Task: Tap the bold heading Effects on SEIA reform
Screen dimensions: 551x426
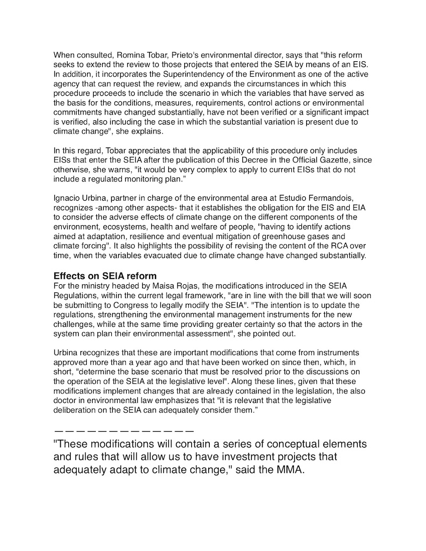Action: (105, 276)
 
